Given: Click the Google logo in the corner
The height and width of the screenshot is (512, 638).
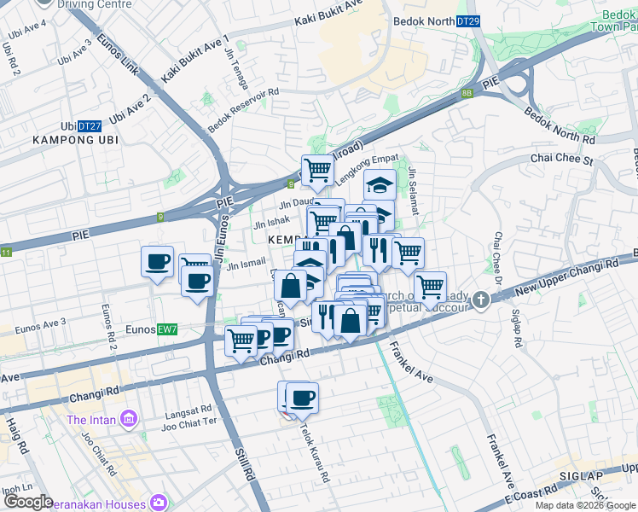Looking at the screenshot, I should (x=27, y=502).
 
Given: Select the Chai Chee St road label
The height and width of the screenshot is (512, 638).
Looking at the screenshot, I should (x=560, y=158).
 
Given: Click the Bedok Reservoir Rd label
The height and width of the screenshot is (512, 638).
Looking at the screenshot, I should (x=244, y=111).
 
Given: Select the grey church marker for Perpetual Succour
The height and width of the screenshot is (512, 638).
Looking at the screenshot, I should (x=481, y=300).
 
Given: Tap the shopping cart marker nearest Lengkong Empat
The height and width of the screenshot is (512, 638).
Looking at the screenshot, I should (x=317, y=170).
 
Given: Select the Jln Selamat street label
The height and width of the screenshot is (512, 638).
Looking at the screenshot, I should (x=413, y=191).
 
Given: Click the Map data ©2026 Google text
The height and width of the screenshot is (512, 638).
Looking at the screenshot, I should (x=584, y=505).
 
